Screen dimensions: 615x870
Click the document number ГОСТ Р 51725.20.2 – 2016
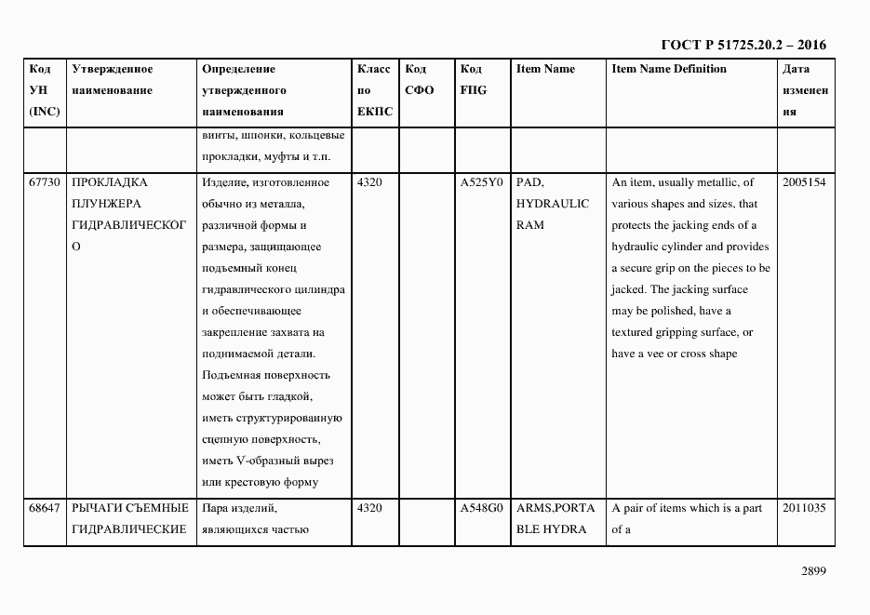pos(743,45)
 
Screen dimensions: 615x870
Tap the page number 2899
pos(812,571)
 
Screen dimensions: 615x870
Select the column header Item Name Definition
pos(668,69)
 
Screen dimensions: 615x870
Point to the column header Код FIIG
pos(473,80)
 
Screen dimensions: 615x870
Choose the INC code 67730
pos(44,182)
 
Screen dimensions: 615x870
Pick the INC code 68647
pos(44,508)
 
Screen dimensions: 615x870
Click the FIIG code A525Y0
pos(481,182)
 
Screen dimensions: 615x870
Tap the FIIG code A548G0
pos(481,508)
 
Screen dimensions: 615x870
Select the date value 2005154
pos(804,182)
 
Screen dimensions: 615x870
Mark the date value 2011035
pos(804,508)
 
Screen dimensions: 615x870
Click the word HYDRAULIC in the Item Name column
pos(552,204)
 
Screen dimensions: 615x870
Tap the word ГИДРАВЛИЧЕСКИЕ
pos(129,529)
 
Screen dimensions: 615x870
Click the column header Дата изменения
pos(805,90)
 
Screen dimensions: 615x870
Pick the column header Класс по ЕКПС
pos(375,90)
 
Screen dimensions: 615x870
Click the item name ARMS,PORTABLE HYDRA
pos(555,518)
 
